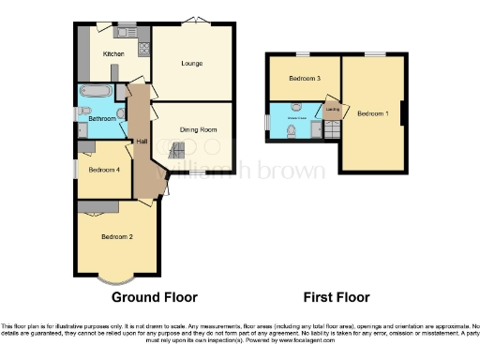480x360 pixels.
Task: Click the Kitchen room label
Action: coord(113,54)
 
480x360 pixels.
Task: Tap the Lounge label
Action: coord(193,63)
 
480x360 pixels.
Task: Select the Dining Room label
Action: coord(191,129)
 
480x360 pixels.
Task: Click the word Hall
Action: coord(142,141)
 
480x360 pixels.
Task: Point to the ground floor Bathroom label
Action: coord(102,119)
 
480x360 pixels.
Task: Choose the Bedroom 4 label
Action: coord(103,170)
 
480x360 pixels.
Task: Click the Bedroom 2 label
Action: coord(117,236)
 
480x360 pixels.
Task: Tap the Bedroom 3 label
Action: coord(304,78)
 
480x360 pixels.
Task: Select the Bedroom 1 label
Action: coord(374,113)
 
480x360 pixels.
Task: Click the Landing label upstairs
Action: coord(332,110)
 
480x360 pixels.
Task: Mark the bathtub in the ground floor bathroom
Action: coord(95,93)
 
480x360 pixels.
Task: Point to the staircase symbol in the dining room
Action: coord(176,150)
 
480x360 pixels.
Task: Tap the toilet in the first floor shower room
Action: coord(294,130)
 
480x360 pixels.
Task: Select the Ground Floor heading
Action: coord(155,297)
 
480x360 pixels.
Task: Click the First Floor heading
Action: coord(336,297)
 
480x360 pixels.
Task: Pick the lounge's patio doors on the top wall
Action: coord(193,22)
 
